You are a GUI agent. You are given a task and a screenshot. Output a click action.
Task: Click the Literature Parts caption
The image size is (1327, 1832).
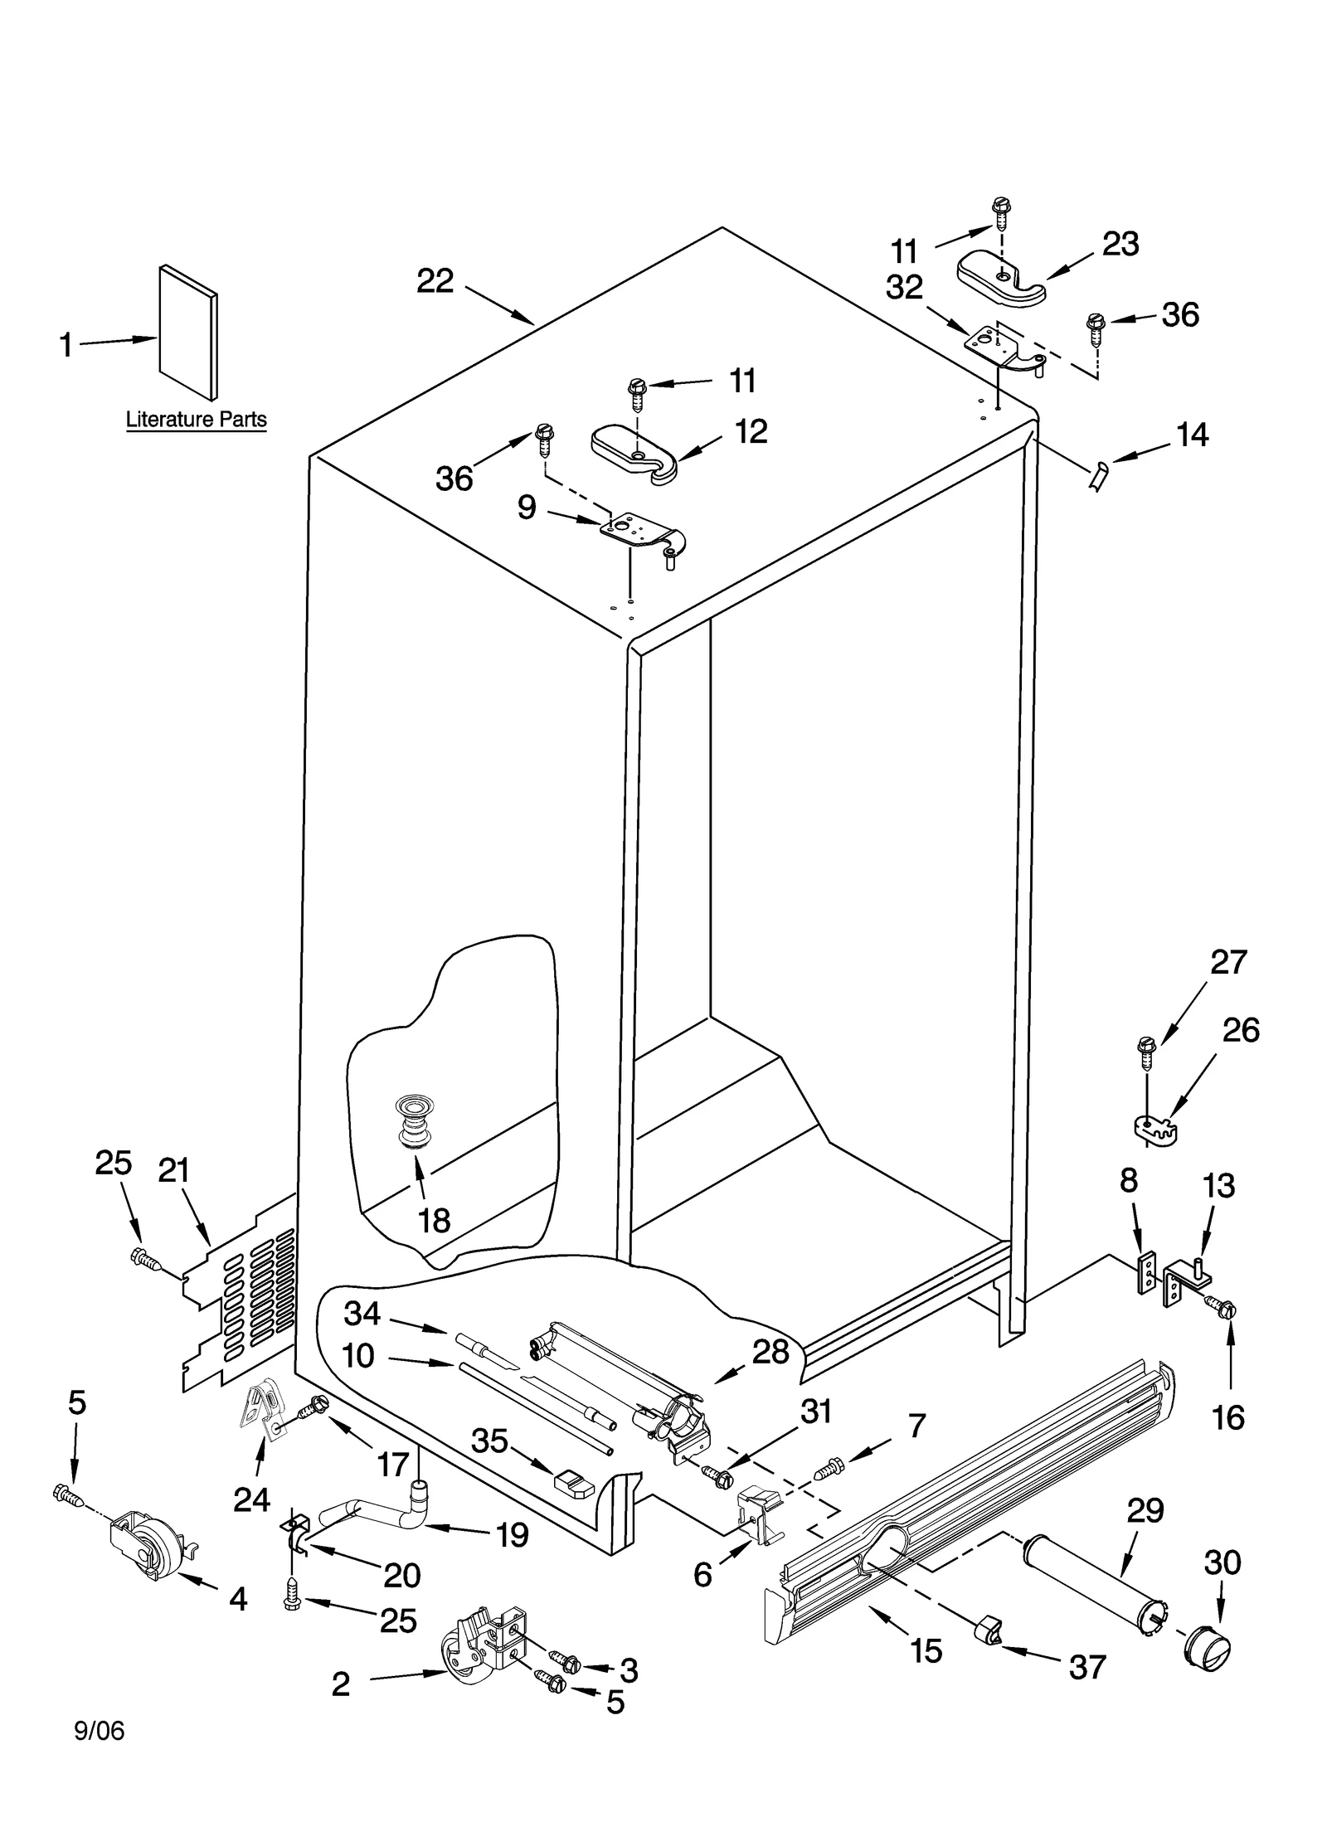coord(196,419)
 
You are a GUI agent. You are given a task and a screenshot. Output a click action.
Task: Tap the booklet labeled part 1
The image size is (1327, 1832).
coord(188,332)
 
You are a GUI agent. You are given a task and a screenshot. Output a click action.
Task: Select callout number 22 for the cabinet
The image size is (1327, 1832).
coord(435,282)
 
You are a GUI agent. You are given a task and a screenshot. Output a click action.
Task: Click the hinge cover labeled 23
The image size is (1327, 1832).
coord(1001,279)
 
